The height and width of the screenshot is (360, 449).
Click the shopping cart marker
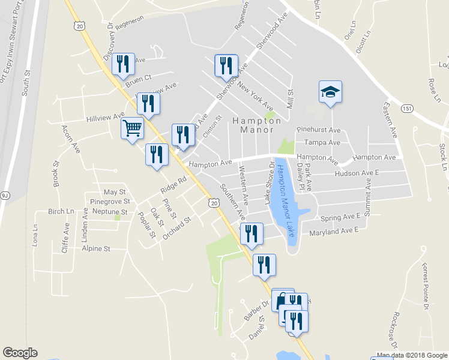click(132, 127)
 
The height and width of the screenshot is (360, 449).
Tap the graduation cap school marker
click(330, 92)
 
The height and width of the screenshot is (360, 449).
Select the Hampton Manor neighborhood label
click(257, 125)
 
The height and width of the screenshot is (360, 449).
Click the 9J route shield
click(5, 194)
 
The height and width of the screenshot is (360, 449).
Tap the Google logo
click(20, 353)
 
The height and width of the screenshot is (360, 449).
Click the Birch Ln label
click(61, 212)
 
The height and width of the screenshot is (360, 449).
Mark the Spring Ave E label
click(340, 217)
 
